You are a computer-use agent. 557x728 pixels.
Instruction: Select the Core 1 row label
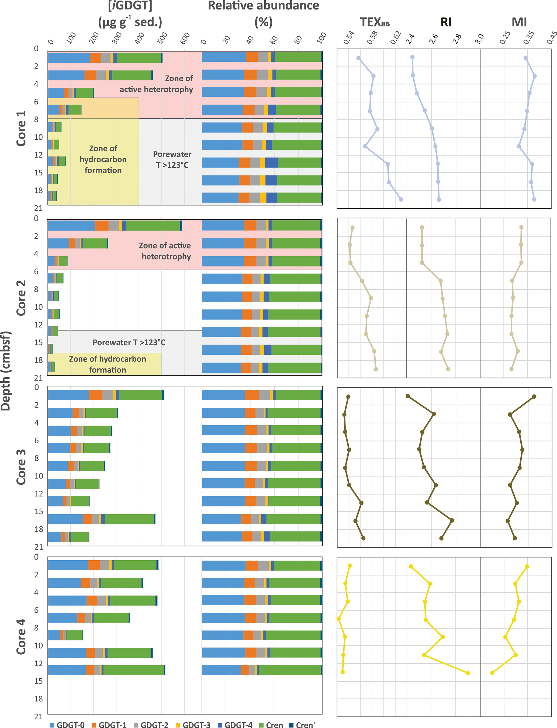[21, 128]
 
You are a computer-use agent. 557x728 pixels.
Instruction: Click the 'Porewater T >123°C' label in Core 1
[172, 160]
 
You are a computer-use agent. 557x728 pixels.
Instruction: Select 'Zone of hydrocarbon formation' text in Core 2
[108, 364]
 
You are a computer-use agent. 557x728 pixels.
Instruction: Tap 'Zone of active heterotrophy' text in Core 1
[156, 84]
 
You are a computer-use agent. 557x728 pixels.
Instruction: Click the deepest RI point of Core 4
[468, 673]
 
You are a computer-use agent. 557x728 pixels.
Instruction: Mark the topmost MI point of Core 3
[534, 396]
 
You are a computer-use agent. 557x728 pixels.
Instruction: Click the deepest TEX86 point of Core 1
[401, 199]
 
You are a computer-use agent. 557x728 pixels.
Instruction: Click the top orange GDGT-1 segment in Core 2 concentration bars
[102, 226]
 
